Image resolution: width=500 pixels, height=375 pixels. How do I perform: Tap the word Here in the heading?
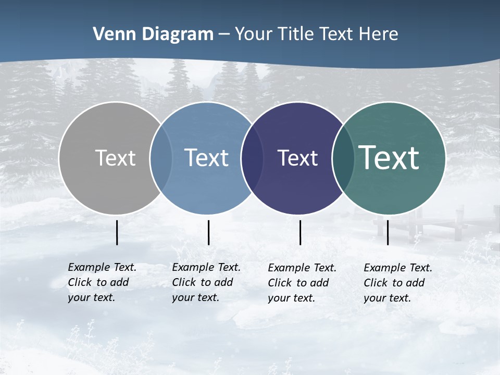pyautogui.click(x=379, y=34)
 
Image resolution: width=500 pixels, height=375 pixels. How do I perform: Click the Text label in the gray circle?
pyautogui.click(x=115, y=158)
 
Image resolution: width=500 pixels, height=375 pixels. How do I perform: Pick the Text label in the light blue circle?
pyautogui.click(x=207, y=158)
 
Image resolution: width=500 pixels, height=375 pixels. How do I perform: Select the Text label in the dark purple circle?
pyautogui.click(x=297, y=158)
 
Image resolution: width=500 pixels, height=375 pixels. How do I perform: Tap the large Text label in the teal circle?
pyautogui.click(x=389, y=157)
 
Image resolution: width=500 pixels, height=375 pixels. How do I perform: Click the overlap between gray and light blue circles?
pyautogui.click(x=161, y=158)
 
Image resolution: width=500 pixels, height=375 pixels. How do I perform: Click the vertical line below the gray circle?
pyautogui.click(x=117, y=232)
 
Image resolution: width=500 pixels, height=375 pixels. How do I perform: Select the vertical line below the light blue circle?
pyautogui.click(x=208, y=232)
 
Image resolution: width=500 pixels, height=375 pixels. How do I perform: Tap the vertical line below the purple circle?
pyautogui.click(x=300, y=232)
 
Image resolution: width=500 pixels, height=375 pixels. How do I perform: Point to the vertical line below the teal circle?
pyautogui.click(x=387, y=232)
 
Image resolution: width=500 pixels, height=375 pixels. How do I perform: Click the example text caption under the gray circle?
pyautogui.click(x=102, y=282)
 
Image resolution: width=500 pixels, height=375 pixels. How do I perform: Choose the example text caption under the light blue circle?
pyautogui.click(x=206, y=282)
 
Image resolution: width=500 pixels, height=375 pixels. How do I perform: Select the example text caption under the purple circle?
pyautogui.click(x=302, y=283)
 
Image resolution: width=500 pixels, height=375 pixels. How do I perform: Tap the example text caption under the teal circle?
pyautogui.click(x=397, y=283)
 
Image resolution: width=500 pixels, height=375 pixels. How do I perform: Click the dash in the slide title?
pyautogui.click(x=224, y=34)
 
